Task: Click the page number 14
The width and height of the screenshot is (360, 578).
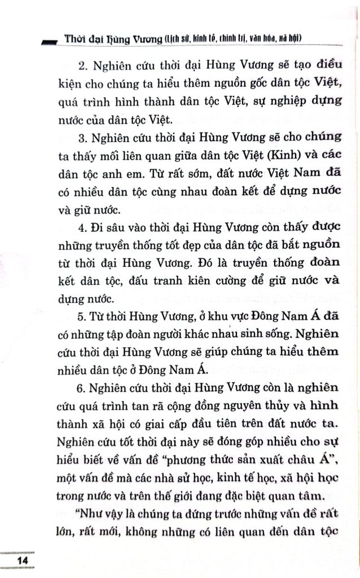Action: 23,561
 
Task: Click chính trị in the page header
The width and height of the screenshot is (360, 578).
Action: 233,39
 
